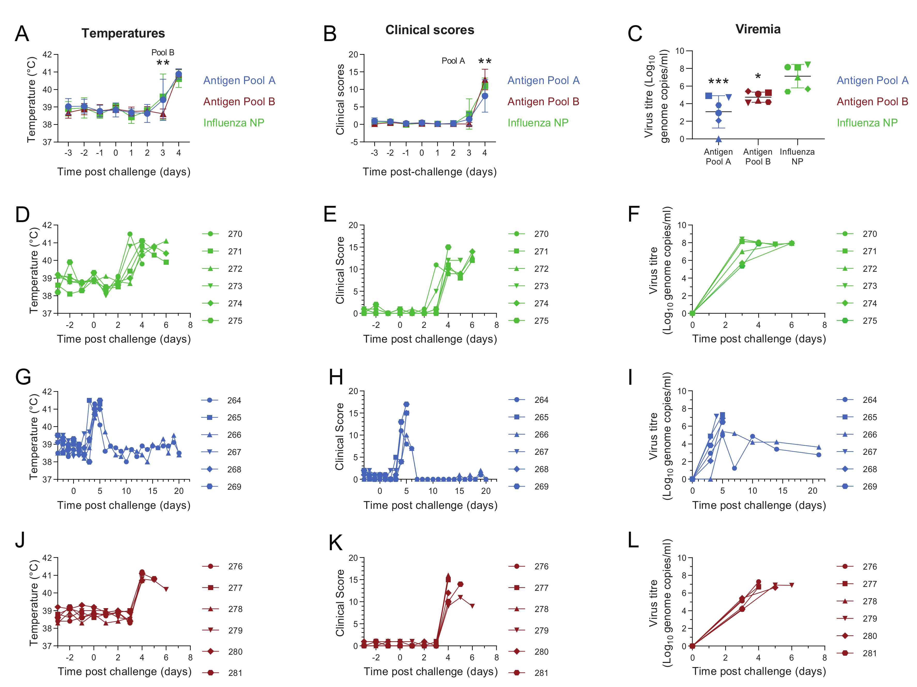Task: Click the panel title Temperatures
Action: click(x=123, y=33)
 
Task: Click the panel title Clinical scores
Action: click(x=430, y=30)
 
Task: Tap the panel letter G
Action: click(x=23, y=377)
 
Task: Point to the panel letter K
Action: click(x=335, y=543)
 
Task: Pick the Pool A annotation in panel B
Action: click(x=453, y=61)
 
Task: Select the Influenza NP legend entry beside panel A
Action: click(x=234, y=123)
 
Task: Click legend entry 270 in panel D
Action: click(x=235, y=234)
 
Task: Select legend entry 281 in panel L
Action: click(x=869, y=653)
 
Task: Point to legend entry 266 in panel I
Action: click(x=869, y=434)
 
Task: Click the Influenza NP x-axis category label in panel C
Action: click(x=797, y=157)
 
